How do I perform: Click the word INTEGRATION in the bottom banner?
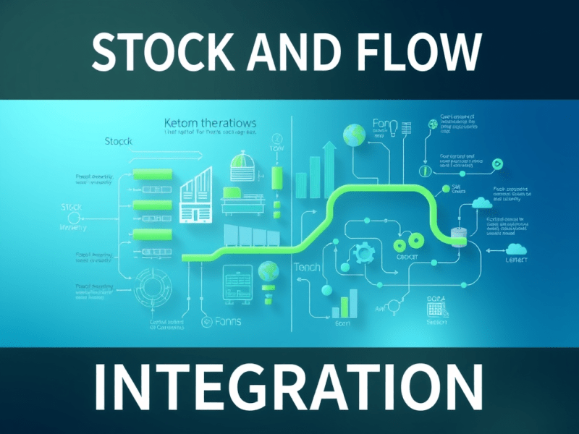click(x=289, y=388)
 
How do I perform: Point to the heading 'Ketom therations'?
click(x=211, y=124)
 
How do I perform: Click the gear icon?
click(x=363, y=253)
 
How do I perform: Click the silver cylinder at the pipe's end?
click(x=457, y=237)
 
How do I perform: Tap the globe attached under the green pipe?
click(x=269, y=271)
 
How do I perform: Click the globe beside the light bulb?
click(x=355, y=134)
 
